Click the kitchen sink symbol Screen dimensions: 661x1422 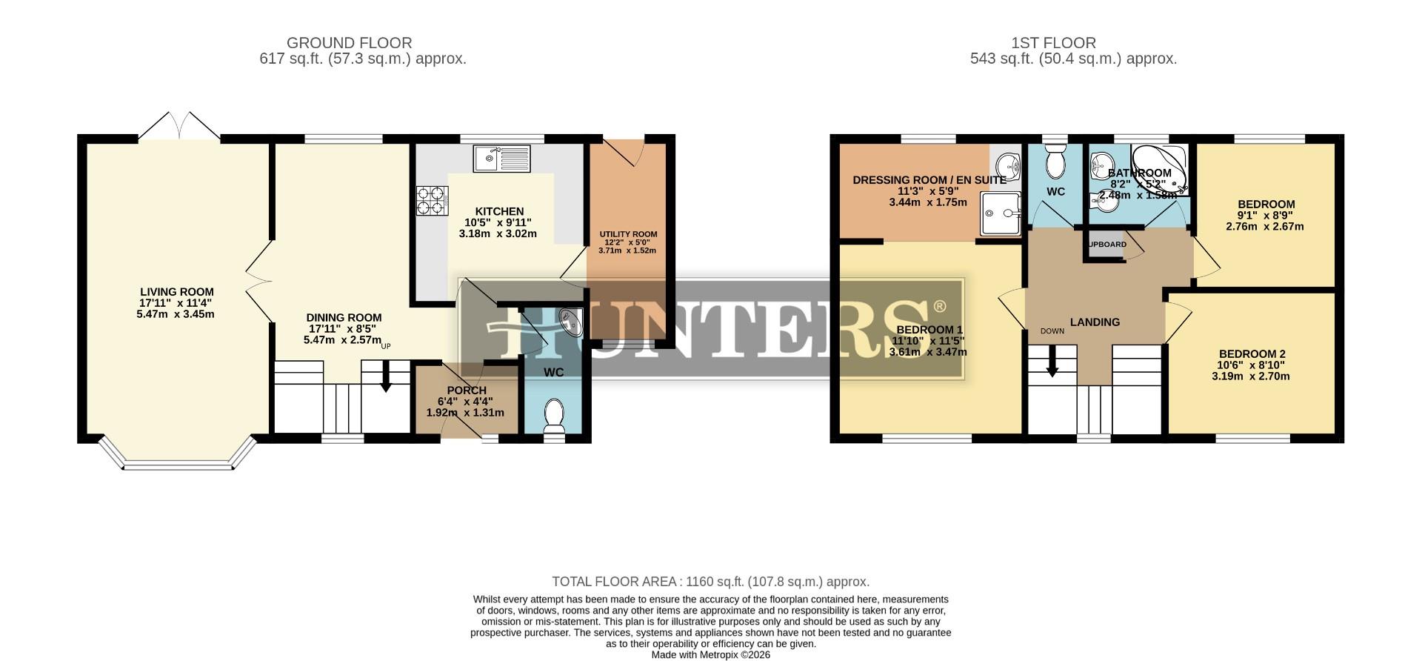pos(501,159)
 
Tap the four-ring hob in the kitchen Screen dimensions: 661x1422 pos(433,200)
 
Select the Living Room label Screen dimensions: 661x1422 pos(177,292)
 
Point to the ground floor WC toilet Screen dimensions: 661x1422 pos(553,416)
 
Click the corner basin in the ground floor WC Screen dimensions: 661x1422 pos(572,321)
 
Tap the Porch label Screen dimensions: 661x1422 pos(467,391)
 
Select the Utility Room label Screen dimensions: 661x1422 pos(628,234)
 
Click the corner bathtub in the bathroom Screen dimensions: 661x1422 pos(1160,167)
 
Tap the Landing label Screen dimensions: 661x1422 pos(1095,322)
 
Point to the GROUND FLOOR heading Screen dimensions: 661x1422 pos(349,43)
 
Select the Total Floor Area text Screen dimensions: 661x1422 pos(710,582)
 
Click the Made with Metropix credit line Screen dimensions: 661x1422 pos(710,655)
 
